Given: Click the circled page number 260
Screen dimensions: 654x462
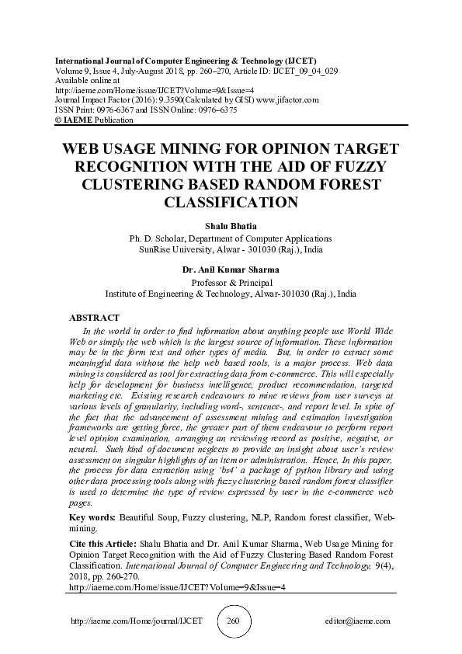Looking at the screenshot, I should click(x=231, y=621).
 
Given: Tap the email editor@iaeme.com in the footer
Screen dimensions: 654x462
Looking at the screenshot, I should click(x=358, y=621).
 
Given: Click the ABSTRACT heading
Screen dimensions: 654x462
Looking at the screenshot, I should click(x=94, y=318).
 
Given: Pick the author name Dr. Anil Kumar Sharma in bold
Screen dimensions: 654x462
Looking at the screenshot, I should click(x=231, y=270).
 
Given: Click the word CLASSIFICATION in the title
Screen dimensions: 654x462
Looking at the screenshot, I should click(x=231, y=204).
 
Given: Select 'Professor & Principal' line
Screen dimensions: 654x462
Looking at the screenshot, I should click(x=231, y=283).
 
